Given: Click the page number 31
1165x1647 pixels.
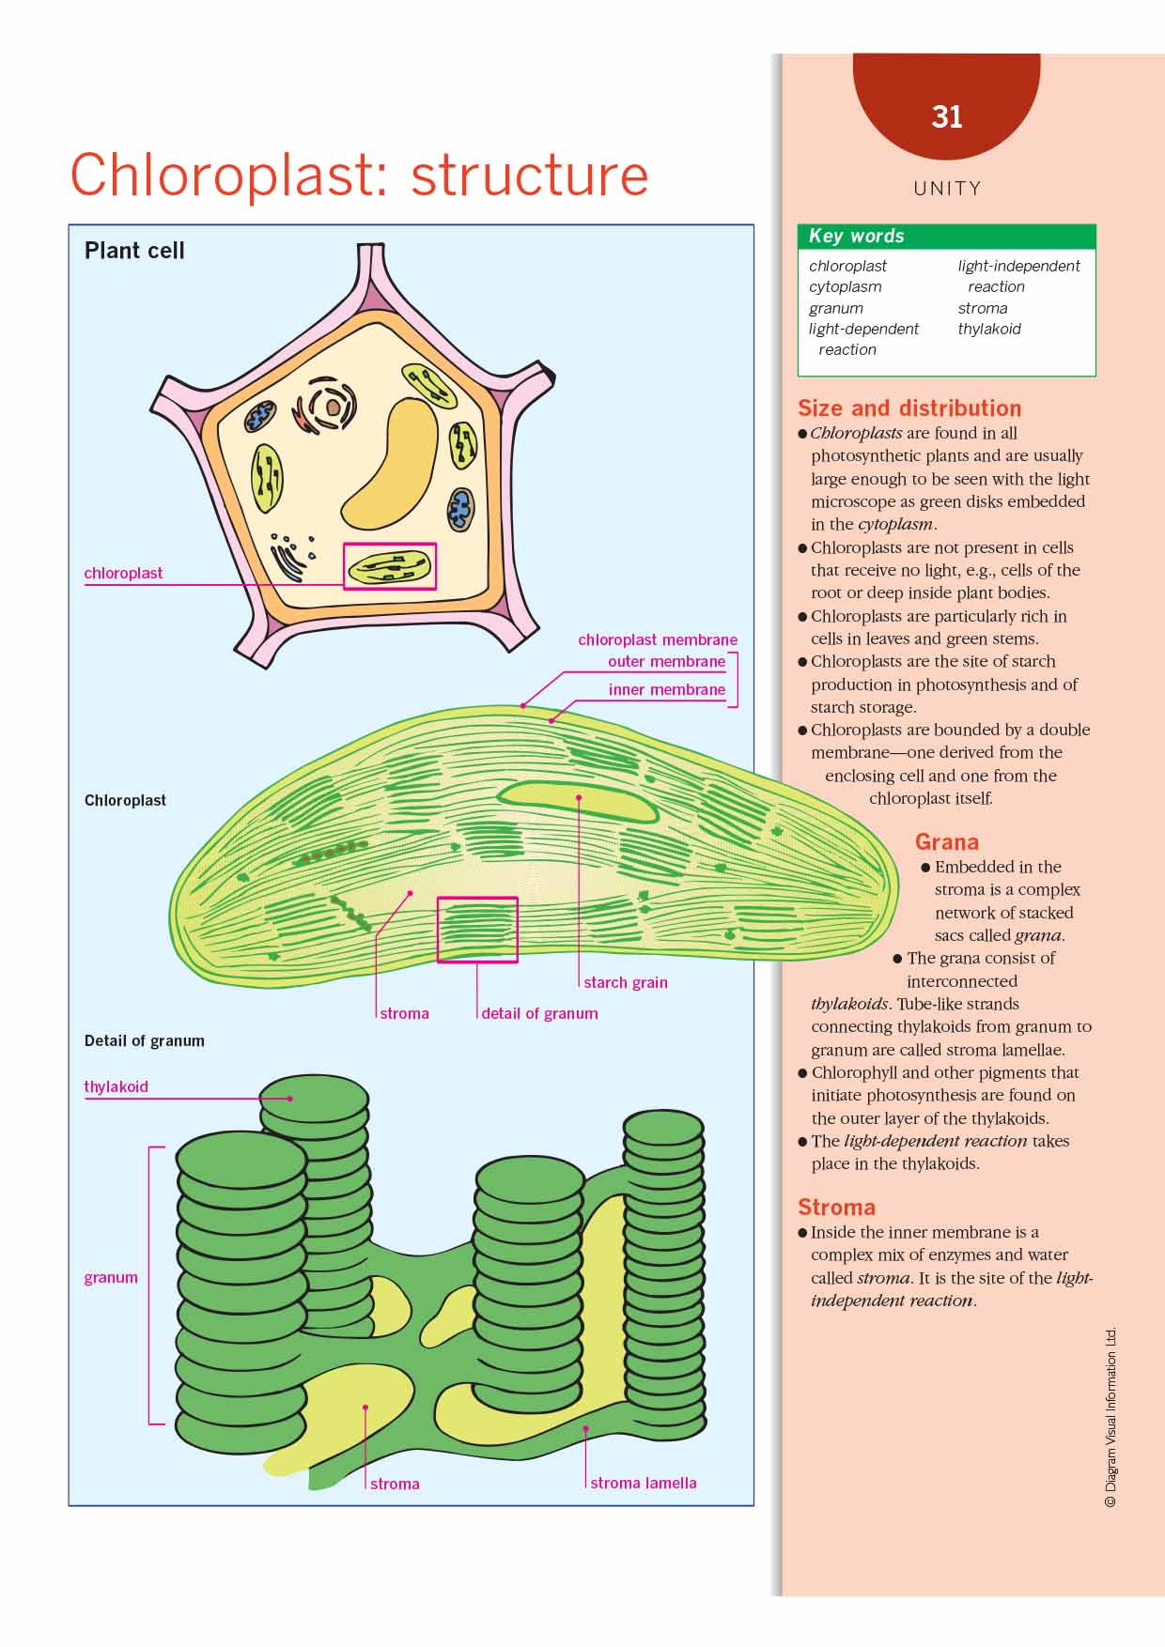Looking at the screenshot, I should (x=947, y=116).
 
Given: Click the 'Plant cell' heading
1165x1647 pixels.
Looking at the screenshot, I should (x=134, y=251).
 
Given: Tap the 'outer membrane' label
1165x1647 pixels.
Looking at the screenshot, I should (x=666, y=661).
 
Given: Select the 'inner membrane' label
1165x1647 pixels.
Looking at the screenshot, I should (x=666, y=689).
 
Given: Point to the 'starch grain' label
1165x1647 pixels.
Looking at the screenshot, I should (x=625, y=982).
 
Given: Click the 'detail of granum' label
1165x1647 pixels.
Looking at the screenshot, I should (x=539, y=1013).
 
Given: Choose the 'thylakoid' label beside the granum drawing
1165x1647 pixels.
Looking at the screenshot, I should (x=116, y=1086).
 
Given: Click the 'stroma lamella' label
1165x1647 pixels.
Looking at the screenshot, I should (x=644, y=1483).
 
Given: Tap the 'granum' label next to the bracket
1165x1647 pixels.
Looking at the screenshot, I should (x=111, y=1277).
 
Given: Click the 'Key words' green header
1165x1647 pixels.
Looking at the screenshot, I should (x=946, y=236).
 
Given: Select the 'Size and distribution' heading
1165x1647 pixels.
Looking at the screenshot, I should (x=909, y=408).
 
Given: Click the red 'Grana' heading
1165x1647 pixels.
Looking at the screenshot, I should (x=947, y=842).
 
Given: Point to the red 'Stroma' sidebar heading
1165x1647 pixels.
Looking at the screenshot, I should (x=836, y=1208).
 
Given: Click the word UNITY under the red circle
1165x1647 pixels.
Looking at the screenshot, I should (x=947, y=189).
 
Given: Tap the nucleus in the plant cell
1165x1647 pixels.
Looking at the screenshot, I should (x=333, y=408).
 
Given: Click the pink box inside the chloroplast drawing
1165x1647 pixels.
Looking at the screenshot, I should (x=477, y=930).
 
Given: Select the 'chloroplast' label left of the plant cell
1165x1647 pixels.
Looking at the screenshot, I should (x=123, y=573).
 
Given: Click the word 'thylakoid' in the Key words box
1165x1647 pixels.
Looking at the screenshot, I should (x=989, y=329).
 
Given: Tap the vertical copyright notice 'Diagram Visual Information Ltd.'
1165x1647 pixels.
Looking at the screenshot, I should (x=1111, y=1417).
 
